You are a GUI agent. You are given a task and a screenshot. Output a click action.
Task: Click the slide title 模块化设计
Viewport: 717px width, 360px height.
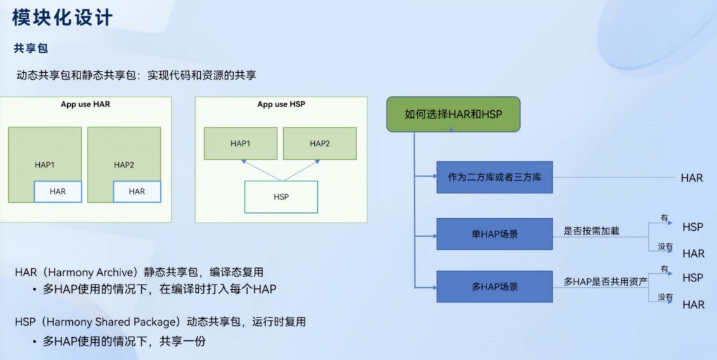[62, 17]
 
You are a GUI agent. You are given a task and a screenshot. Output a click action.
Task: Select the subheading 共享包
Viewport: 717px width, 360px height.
[31, 48]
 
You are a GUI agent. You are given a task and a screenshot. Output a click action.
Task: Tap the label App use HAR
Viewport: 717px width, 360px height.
[85, 104]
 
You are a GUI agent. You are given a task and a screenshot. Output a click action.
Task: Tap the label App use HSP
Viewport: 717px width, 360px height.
[281, 104]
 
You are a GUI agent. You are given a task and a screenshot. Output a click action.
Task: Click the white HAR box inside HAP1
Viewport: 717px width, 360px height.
[58, 191]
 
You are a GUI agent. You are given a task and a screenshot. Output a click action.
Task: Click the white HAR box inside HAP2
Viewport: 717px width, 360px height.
[137, 191]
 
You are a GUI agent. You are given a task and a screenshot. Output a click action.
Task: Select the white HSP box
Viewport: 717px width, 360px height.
[281, 197]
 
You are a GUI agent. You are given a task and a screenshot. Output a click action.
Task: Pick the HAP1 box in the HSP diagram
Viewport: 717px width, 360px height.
[240, 143]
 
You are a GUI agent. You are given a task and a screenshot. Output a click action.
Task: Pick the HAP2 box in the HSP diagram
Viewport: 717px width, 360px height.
[319, 143]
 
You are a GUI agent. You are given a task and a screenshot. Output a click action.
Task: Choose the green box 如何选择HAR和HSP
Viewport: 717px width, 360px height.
[453, 114]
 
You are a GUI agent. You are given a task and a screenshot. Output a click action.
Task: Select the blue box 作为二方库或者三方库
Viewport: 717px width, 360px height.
[494, 177]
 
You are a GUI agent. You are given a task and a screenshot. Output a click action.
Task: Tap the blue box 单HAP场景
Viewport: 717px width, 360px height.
[494, 234]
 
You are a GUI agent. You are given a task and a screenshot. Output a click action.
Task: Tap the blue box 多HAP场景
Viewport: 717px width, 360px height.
[494, 286]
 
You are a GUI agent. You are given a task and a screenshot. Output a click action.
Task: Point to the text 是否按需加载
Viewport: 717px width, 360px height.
[592, 232]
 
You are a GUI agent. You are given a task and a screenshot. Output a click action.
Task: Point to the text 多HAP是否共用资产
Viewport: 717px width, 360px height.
[606, 281]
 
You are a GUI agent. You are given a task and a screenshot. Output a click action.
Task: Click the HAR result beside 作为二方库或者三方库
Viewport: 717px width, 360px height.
[692, 178]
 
